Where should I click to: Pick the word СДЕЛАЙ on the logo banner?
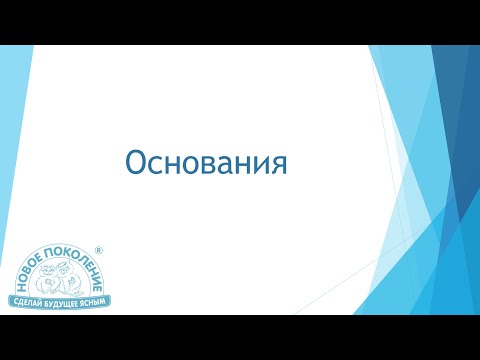29,300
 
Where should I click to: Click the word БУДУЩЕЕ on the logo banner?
59,300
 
